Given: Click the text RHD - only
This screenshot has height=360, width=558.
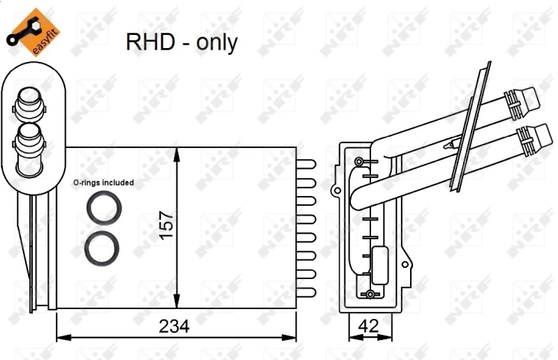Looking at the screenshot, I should [181, 43].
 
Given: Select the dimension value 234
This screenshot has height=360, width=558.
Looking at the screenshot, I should [174, 326].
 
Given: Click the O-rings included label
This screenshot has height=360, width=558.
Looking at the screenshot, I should [103, 183].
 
